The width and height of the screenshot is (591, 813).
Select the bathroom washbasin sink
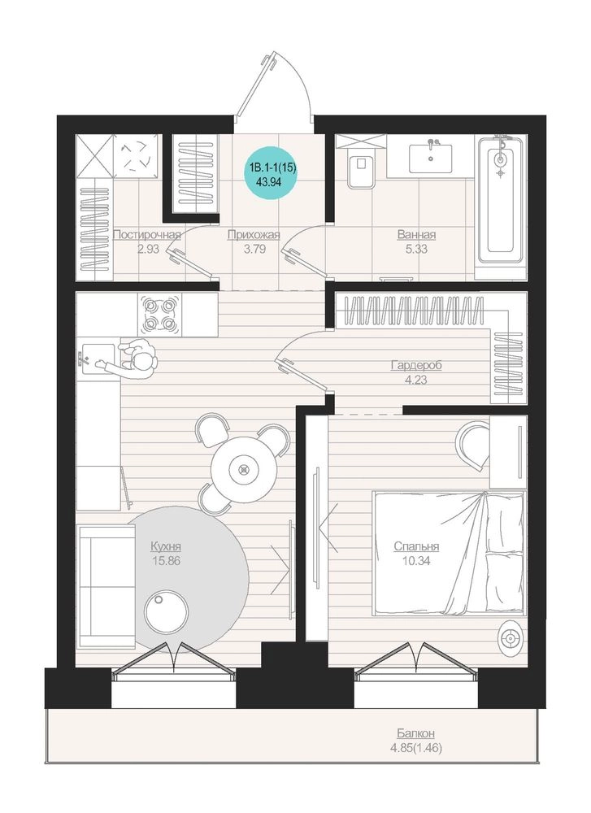tap(430, 158)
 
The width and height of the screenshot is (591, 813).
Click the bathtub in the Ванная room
tap(500, 199)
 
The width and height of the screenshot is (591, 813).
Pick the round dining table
tap(242, 469)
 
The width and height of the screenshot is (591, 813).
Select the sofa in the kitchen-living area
tap(106, 585)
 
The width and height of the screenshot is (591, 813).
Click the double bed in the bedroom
tap(449, 553)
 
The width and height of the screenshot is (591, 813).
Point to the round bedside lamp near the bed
tap(511, 637)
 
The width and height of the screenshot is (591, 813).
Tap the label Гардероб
tap(415, 366)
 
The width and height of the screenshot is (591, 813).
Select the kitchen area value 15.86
tap(167, 560)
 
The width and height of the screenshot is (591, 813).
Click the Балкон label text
tap(415, 733)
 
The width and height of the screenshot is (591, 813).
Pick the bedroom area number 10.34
tap(416, 560)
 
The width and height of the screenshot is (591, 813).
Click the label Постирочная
tap(146, 235)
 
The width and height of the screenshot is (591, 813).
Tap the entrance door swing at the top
tap(274, 87)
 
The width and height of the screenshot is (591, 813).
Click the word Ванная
tap(416, 235)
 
